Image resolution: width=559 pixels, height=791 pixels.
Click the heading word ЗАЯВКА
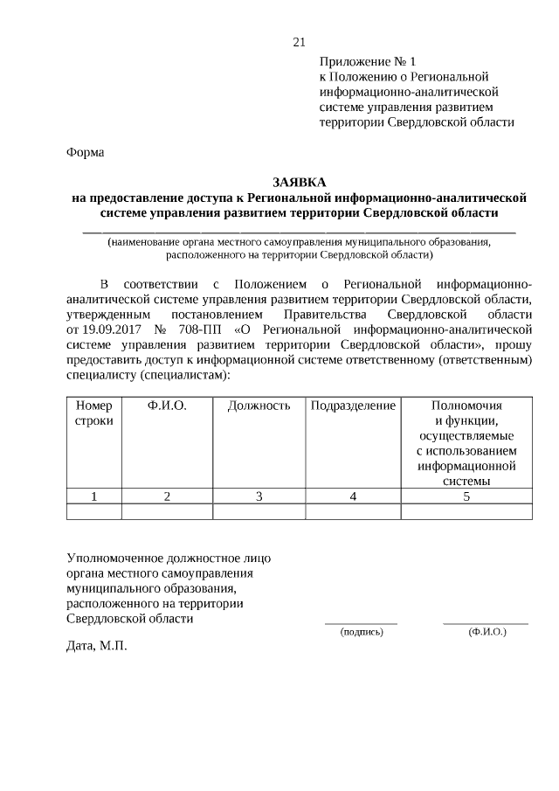pos(299,182)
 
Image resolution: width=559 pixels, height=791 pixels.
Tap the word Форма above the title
pos(86,152)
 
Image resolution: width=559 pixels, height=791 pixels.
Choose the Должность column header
pos(259,406)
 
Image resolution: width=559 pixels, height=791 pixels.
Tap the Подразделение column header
pos(353,406)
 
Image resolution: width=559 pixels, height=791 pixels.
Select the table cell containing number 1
pos(94,496)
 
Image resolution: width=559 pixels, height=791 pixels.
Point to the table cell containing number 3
pos(259,496)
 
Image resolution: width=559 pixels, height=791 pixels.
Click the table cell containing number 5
pos(466,496)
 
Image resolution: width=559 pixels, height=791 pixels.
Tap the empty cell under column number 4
pos(353,511)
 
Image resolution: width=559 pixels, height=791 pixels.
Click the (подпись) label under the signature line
pos(361,631)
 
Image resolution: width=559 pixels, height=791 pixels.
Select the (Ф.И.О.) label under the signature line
pos(487,631)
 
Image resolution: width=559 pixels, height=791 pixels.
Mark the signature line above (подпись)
pos(361,622)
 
